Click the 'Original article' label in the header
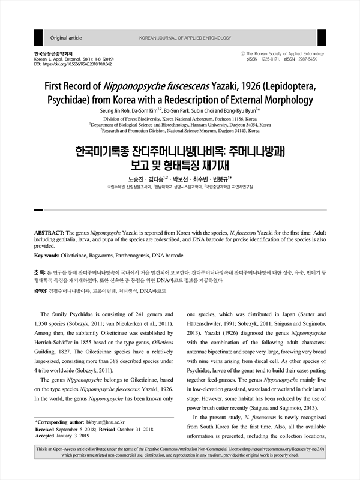pos(67,38)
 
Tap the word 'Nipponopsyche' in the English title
pos(153,86)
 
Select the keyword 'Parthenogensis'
pos(132,255)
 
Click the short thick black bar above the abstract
pos(38,209)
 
